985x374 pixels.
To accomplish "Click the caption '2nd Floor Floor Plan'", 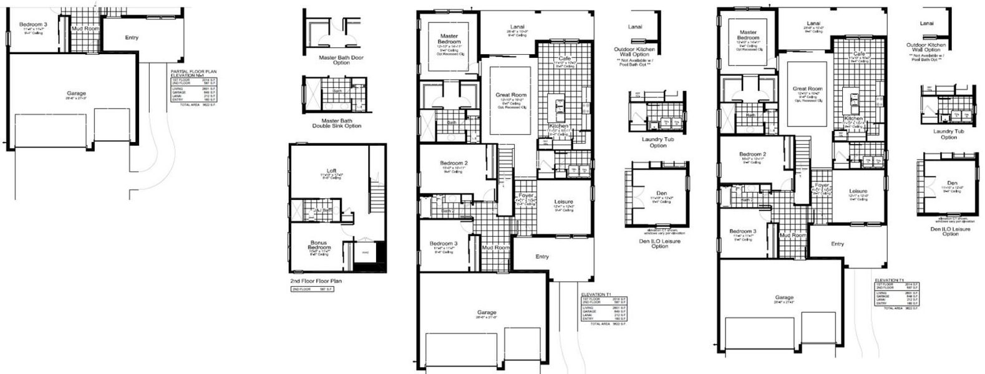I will [x=316, y=281].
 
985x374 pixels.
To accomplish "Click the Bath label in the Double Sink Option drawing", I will [x=337, y=91].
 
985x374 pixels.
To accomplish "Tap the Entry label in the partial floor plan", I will [x=131, y=37].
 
